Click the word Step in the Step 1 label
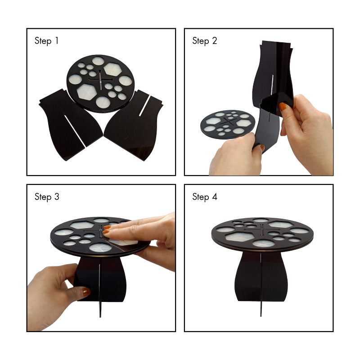click(x=43, y=41)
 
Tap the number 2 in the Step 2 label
click(x=214, y=40)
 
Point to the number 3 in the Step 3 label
click(x=57, y=197)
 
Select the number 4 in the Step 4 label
click(x=215, y=197)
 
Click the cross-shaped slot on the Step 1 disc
click(x=100, y=80)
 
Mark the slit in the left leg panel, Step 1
click(x=75, y=130)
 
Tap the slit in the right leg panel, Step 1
click(x=145, y=105)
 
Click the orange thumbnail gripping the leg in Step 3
click(x=86, y=292)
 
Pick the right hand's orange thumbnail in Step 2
click(x=283, y=107)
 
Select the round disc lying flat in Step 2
click(x=227, y=125)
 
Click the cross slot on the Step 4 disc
click(x=262, y=229)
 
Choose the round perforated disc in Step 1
click(x=100, y=84)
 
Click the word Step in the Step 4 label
click(x=201, y=197)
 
